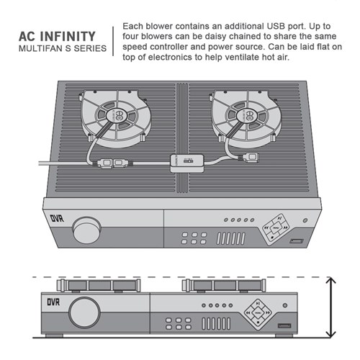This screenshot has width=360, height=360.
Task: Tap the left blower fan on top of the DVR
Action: (x=115, y=116)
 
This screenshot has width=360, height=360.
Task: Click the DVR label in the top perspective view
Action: (x=57, y=217)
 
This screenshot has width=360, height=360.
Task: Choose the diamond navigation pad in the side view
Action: (x=256, y=313)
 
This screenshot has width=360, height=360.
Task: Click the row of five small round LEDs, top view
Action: (x=238, y=220)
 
